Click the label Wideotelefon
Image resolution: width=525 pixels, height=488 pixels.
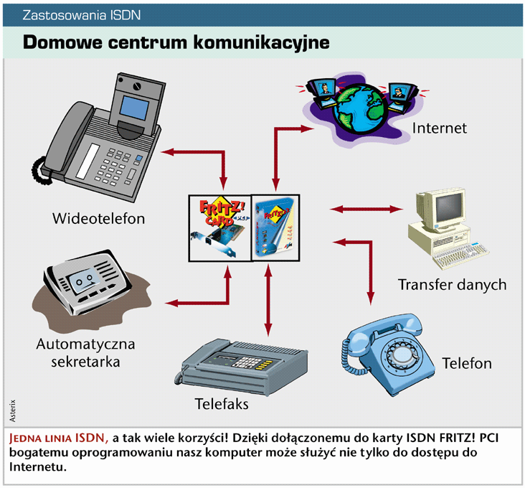pos(98,217)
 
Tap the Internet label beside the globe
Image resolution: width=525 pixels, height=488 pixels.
pos(439,128)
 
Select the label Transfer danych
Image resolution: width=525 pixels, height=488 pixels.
pos(452,285)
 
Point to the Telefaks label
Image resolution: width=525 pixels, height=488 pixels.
pos(222,404)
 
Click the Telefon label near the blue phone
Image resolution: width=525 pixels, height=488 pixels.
pos(467,363)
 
